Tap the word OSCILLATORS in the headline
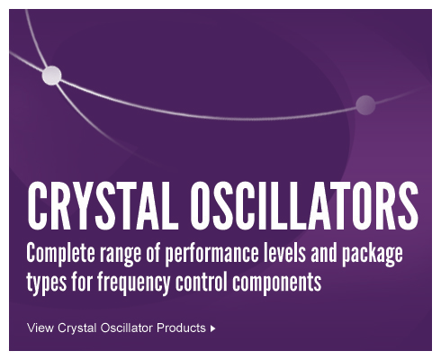pos(303,205)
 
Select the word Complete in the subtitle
pos(60,254)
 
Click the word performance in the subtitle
pos(211,255)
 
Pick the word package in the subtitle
pos(373,255)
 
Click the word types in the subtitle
pos(47,283)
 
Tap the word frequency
pos(133,283)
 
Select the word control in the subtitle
pos(202,282)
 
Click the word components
pos(276,283)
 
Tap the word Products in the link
pos(181,328)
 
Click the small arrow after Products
pos(212,328)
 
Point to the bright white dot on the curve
pos(51,76)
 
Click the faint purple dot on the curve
pos(365,105)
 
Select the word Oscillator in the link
pos(127,328)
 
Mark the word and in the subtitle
pos(324,254)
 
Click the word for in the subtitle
pos(82,282)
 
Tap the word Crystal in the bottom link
pos(77,328)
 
